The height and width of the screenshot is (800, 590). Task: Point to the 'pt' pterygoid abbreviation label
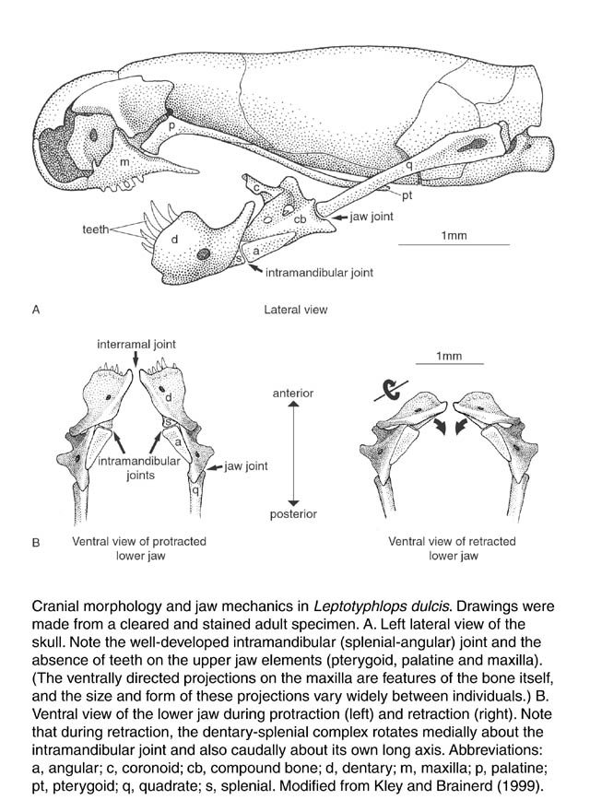pos(407,195)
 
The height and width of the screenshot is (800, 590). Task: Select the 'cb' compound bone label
pos(300,218)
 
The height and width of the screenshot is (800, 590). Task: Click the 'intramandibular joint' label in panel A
pos(319,273)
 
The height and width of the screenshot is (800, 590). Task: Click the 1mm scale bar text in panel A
pos(454,236)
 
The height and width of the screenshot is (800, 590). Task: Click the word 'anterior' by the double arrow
pos(293,394)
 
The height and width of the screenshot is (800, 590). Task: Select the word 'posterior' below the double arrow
pos(294,513)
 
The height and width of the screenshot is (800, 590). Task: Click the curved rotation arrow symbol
pos(391,390)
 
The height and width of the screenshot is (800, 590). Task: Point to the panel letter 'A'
pos(35,311)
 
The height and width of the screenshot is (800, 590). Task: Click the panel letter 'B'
pos(35,543)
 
